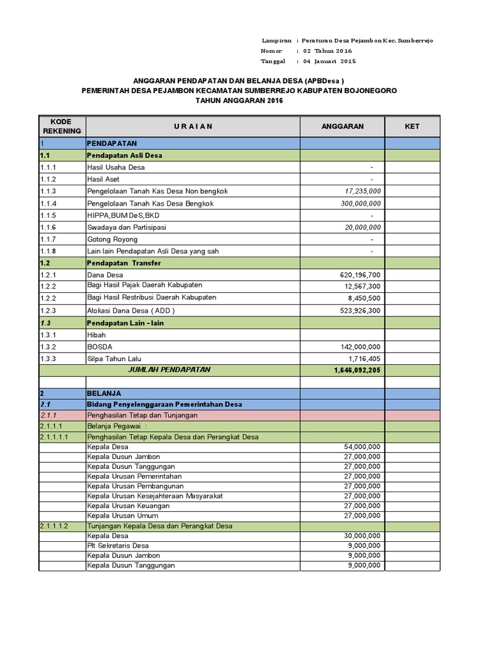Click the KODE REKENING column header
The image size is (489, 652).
[62, 126]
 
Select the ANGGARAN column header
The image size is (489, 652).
[343, 126]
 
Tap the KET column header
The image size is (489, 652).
[412, 126]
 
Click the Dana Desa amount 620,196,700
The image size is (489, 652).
[358, 275]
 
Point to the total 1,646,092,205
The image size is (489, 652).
[357, 370]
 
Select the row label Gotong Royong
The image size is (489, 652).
[112, 239]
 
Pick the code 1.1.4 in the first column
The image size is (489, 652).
[48, 204]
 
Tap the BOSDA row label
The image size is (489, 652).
[100, 347]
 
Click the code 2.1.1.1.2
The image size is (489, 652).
[53, 526]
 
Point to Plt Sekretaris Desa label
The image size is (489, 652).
[118, 546]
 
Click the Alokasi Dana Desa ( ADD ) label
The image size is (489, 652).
[131, 311]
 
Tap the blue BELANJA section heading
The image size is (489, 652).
[104, 393]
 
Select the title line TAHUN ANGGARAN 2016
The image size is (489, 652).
[239, 101]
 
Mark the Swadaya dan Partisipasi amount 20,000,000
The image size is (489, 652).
[363, 227]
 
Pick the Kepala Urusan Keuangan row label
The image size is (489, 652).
[129, 506]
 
